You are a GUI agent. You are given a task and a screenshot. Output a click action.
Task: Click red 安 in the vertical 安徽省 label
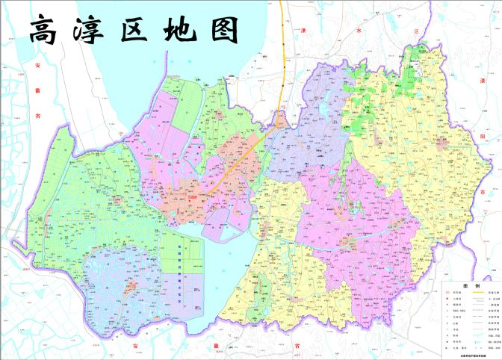pyautogui.click(x=37, y=66)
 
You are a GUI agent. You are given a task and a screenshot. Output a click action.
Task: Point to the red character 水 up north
pyautogui.click(x=358, y=31)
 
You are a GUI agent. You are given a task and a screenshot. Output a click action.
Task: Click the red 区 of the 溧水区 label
pyautogui.click(x=416, y=31)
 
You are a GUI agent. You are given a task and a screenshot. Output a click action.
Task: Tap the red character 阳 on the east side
pyautogui.click(x=484, y=138)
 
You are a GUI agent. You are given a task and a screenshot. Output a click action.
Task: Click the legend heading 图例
pyautogui.click(x=471, y=286)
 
